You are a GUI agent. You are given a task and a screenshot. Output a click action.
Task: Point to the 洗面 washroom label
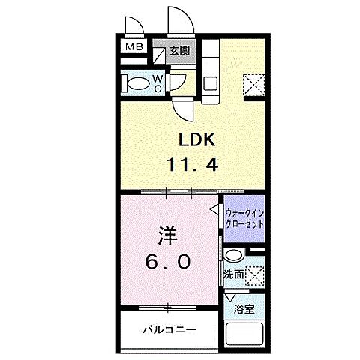click(x=232, y=274)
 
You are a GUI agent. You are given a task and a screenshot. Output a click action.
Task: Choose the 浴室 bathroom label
click(x=244, y=308)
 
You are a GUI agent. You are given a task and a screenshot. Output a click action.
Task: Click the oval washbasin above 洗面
click(x=234, y=255)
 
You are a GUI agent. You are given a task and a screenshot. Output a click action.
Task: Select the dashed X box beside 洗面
click(x=256, y=274)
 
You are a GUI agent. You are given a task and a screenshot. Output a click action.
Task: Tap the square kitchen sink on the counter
click(x=211, y=82)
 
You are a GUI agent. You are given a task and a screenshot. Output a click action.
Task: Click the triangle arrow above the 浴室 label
click(x=230, y=297)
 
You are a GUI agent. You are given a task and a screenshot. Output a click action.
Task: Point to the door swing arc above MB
click(x=132, y=20)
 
